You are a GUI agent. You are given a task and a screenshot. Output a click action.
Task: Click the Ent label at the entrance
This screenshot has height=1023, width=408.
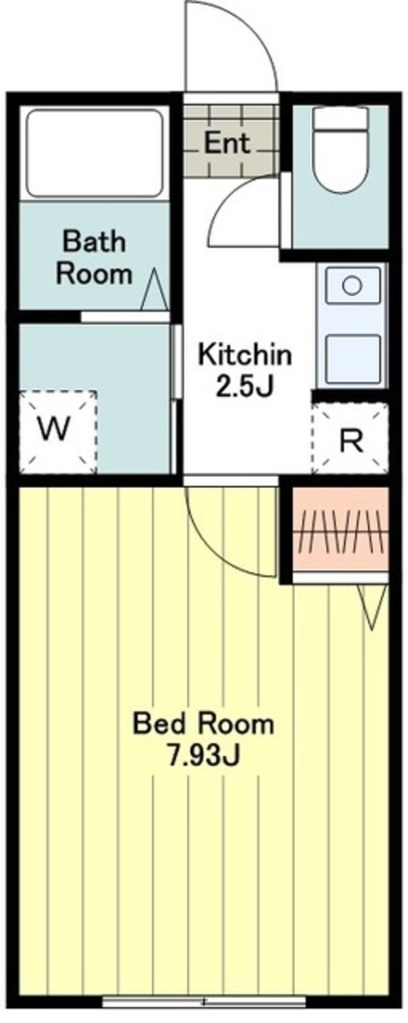pos(227,143)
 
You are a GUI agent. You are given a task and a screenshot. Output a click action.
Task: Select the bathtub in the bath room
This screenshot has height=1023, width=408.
pos(95,152)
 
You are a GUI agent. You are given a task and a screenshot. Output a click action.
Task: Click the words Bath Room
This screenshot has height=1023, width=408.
pos(94,258)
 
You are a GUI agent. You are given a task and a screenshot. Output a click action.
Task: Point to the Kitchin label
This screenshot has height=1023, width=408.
pos(244,354)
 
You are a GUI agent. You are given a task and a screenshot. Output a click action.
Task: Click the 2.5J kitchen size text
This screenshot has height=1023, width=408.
pos(244,387)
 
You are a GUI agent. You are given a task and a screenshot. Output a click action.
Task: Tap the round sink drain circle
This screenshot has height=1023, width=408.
pos(352,285)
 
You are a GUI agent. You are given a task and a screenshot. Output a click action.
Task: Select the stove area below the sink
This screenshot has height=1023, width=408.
pos(352,358)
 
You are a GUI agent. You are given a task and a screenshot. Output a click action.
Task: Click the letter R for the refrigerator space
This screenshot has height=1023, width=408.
pos(350,441)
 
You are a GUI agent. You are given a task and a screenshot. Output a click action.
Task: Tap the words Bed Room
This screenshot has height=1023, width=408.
pos(203,724)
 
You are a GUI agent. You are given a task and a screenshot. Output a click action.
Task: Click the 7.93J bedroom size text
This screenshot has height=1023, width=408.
pos(203,756)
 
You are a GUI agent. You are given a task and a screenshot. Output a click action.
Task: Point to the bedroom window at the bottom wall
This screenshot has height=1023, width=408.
pos(204,1001)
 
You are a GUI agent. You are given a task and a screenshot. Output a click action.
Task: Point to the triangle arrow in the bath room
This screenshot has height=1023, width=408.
pos(154,291)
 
